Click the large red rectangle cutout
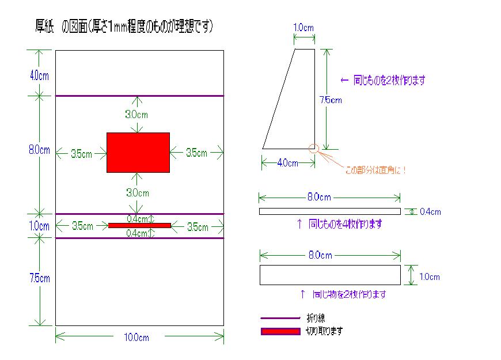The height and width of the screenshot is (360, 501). click(x=138, y=152)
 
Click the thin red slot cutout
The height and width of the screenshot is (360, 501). click(x=139, y=225)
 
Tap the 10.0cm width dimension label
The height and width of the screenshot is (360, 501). click(x=136, y=338)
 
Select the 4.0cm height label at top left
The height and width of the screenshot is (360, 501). click(x=39, y=75)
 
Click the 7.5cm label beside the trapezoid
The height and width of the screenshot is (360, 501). click(x=331, y=100)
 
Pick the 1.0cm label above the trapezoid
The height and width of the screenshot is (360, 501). click(x=303, y=27)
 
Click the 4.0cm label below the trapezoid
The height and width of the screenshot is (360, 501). click(x=288, y=163)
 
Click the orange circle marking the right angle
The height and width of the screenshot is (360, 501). click(x=314, y=149)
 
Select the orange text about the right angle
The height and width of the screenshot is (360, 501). click(x=375, y=170)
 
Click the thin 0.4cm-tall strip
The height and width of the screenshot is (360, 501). click(x=329, y=211)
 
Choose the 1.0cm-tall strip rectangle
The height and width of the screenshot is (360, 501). click(x=329, y=275)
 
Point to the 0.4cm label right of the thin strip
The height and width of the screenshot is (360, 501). click(x=430, y=212)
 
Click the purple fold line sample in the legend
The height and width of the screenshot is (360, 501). click(x=280, y=318)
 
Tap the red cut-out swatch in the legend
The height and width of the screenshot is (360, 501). click(x=280, y=331)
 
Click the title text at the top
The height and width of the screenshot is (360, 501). click(x=124, y=26)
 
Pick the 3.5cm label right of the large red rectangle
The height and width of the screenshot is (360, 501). click(x=196, y=153)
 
